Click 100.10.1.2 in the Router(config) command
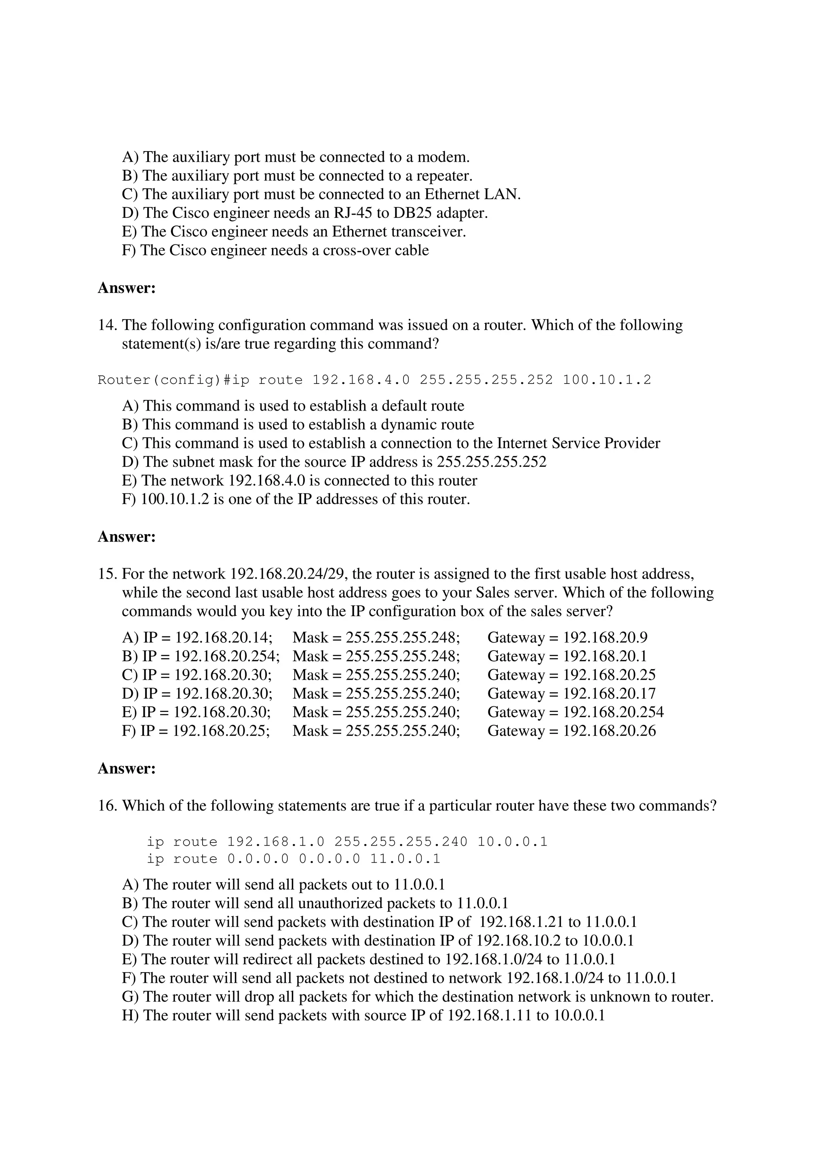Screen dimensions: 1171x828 point(607,380)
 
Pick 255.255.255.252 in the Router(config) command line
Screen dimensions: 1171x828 point(486,380)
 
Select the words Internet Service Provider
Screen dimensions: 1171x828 point(579,443)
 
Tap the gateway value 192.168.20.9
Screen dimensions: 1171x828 point(605,638)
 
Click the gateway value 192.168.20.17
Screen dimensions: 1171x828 point(609,694)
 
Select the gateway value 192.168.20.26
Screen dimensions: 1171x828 point(609,731)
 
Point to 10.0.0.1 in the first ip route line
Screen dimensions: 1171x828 point(512,842)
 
